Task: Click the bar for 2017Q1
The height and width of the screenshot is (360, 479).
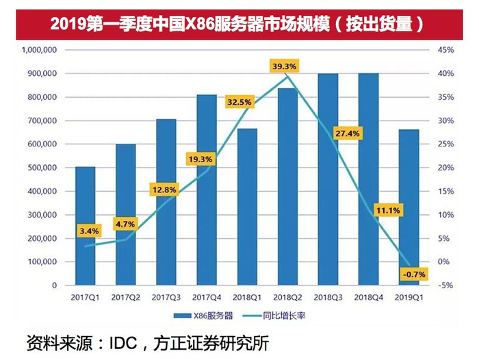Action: click(85, 226)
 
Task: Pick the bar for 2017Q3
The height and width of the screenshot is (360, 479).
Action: click(166, 202)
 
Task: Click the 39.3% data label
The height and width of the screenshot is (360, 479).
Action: click(283, 66)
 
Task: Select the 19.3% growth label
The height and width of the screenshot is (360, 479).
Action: click(200, 159)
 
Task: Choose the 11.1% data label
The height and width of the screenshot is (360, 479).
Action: click(387, 209)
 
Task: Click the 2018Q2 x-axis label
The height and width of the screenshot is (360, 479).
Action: click(287, 298)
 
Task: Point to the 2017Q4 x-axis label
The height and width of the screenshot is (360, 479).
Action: click(207, 298)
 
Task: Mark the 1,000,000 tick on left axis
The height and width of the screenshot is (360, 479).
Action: click(39, 50)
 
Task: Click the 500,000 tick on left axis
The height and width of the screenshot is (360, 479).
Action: click(42, 168)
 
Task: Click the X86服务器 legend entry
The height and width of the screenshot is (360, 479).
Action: click(204, 317)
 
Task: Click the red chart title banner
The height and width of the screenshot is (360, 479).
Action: click(239, 22)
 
